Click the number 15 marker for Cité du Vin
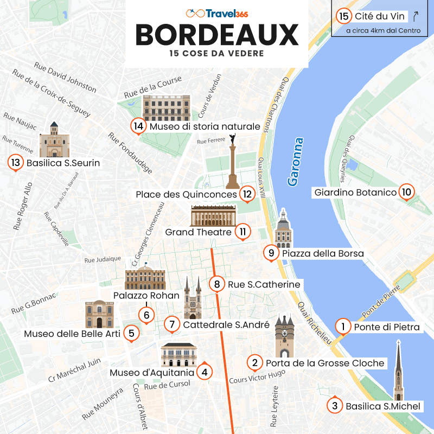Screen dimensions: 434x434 pyautogui.click(x=343, y=16)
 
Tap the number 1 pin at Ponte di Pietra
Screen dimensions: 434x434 pyautogui.click(x=343, y=326)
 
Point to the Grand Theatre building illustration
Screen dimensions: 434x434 pyautogui.click(x=213, y=215)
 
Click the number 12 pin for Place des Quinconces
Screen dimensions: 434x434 pyautogui.click(x=247, y=193)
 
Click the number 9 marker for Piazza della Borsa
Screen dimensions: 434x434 pyautogui.click(x=271, y=252)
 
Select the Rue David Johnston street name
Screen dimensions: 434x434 pyautogui.click(x=65, y=79)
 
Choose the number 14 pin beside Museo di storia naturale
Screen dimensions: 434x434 pyautogui.click(x=138, y=126)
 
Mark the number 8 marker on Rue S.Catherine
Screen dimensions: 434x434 pyautogui.click(x=217, y=284)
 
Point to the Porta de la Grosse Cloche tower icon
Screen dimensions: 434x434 pyautogui.click(x=284, y=336)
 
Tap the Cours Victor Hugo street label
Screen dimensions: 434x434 pyautogui.click(x=257, y=377)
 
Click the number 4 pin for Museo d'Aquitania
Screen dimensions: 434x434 pyautogui.click(x=204, y=372)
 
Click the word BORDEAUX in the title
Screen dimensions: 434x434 pyautogui.click(x=217, y=35)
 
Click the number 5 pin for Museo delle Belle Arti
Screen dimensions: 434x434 pyautogui.click(x=131, y=333)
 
